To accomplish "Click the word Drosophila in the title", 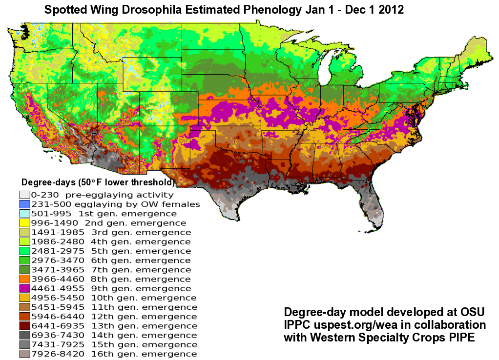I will [x=166, y=10].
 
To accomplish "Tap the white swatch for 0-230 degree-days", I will [x=24, y=195].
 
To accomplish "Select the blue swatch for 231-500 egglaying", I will [x=24, y=204].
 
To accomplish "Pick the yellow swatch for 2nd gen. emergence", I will [x=24, y=223].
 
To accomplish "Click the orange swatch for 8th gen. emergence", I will [x=24, y=279].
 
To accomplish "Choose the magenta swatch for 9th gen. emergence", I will [x=24, y=288].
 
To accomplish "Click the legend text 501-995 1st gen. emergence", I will [x=104, y=214].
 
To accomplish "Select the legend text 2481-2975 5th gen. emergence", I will [x=110, y=251].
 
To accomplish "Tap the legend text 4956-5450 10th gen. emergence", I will [x=113, y=298].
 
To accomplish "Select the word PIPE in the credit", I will [x=461, y=338].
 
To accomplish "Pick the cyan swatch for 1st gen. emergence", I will [x=24, y=214].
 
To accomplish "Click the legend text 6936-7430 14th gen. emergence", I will [x=114, y=335].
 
